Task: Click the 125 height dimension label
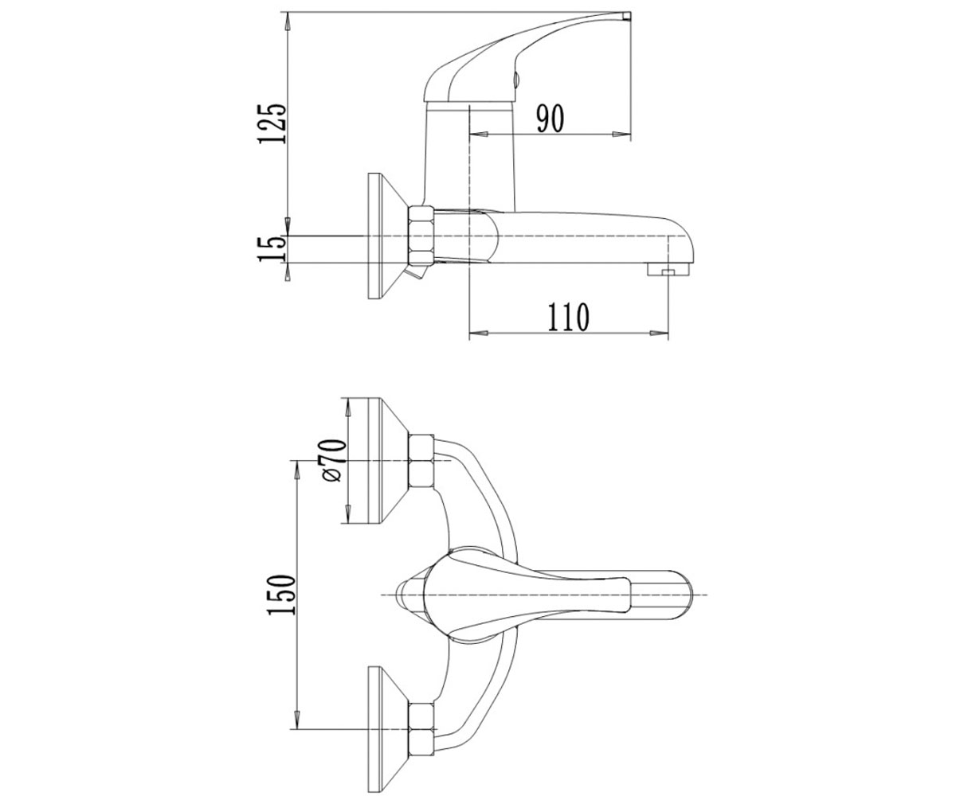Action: (x=272, y=123)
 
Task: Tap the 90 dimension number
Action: (x=550, y=119)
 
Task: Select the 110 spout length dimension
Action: (x=568, y=317)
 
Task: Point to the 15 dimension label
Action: (x=272, y=249)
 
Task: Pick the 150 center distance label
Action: (x=280, y=595)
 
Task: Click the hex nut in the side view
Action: (x=421, y=236)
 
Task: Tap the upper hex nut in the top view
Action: (x=421, y=460)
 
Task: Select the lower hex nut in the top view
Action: (x=421, y=728)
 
